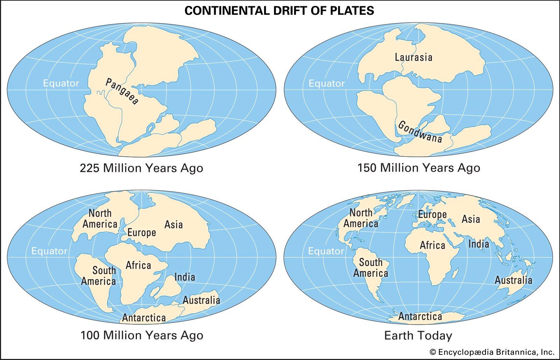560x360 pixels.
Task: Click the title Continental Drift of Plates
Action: click(x=279, y=11)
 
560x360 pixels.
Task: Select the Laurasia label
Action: click(x=413, y=57)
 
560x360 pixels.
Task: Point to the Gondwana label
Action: click(x=420, y=132)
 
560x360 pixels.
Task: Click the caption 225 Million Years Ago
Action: click(x=141, y=168)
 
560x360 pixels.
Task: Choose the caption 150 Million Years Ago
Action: click(x=419, y=168)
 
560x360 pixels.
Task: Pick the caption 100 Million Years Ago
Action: click(x=142, y=336)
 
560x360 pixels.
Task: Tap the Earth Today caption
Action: click(x=418, y=336)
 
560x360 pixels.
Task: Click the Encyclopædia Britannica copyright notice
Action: click(x=492, y=352)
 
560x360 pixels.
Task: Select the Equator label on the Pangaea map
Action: click(x=61, y=83)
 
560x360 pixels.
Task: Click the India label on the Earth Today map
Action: click(x=478, y=244)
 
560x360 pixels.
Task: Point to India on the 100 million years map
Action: click(x=184, y=277)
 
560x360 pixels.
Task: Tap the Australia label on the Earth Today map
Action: click(x=513, y=280)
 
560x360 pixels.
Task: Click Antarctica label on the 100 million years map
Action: click(x=144, y=318)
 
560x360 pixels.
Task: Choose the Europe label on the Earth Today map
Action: click(x=432, y=214)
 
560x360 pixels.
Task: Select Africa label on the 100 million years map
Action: click(x=138, y=265)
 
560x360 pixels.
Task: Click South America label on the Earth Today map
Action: click(x=371, y=268)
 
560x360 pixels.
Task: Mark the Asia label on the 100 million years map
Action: click(x=174, y=225)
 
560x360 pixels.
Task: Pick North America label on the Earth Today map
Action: click(x=361, y=218)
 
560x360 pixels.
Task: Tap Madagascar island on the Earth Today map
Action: click(x=455, y=273)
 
